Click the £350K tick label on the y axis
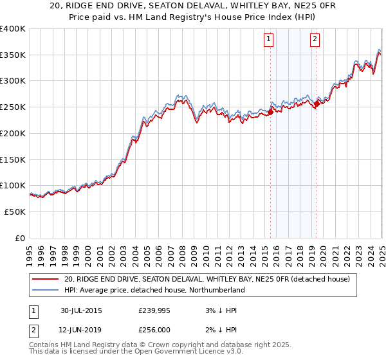[13, 55]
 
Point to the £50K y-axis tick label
[14, 212]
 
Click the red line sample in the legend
[46, 279]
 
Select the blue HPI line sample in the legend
[46, 290]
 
